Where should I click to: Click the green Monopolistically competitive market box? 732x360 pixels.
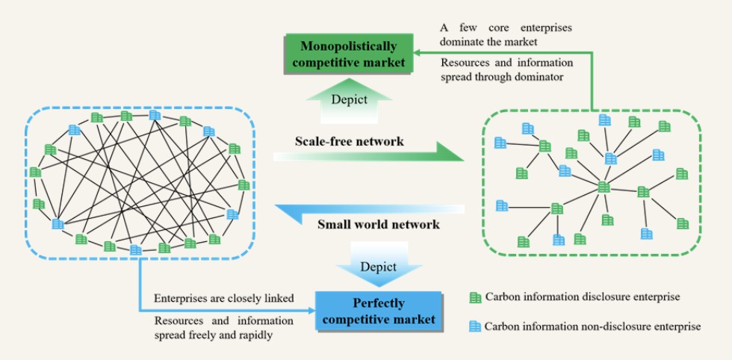tap(349, 55)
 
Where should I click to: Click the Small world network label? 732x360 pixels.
tap(378, 224)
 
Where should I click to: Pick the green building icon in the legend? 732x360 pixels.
tap(475, 297)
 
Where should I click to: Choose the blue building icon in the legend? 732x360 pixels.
tap(475, 326)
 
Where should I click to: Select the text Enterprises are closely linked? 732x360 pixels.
tap(223, 299)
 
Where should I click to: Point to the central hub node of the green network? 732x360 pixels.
tap(604, 187)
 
